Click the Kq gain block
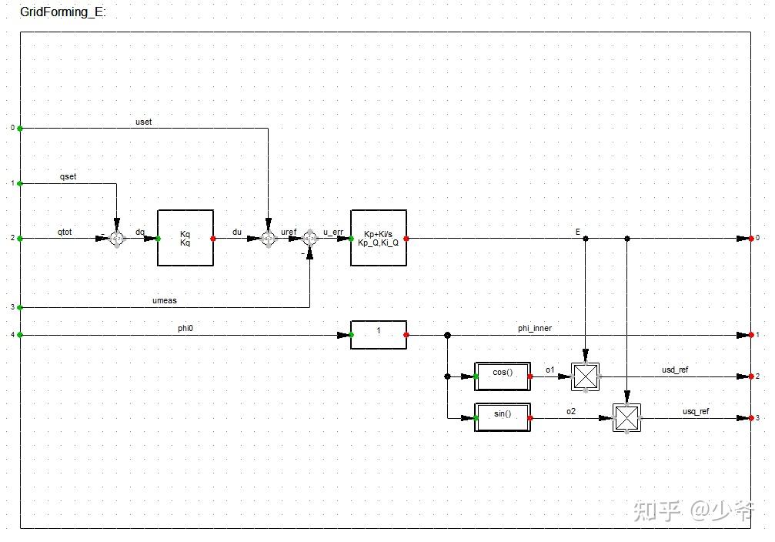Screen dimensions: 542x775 pos(185,238)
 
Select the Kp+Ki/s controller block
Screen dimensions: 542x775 pos(379,238)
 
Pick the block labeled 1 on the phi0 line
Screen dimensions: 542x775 pos(379,334)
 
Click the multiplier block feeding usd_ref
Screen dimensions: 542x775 pos(586,376)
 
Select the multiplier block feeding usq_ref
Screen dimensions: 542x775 pos(627,417)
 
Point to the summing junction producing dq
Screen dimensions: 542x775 pos(117,239)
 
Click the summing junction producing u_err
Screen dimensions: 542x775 pos(309,239)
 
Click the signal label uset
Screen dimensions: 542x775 pos(144,122)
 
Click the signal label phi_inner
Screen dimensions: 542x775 pos(534,328)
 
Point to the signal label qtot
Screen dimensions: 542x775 pos(65,232)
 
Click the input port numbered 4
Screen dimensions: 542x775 pos(20,334)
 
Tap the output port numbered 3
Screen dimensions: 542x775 pos(751,417)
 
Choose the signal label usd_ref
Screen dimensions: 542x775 pos(675,370)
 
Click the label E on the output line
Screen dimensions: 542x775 pos(578,232)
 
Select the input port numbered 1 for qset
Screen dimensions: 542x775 pos(20,183)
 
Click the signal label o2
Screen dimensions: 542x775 pos(571,411)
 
